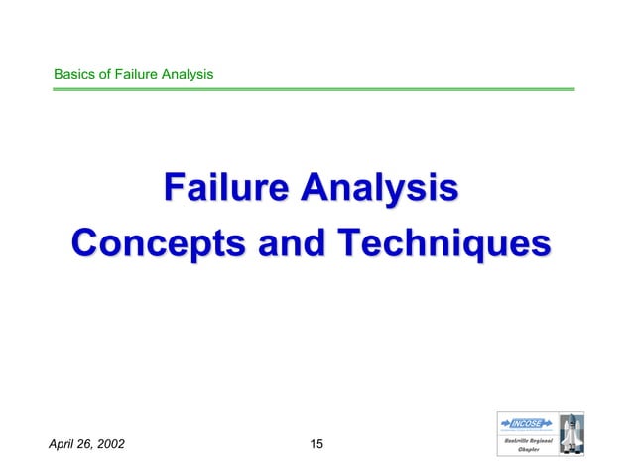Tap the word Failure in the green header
pyautogui.click(x=137, y=74)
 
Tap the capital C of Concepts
pyautogui.click(x=87, y=243)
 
